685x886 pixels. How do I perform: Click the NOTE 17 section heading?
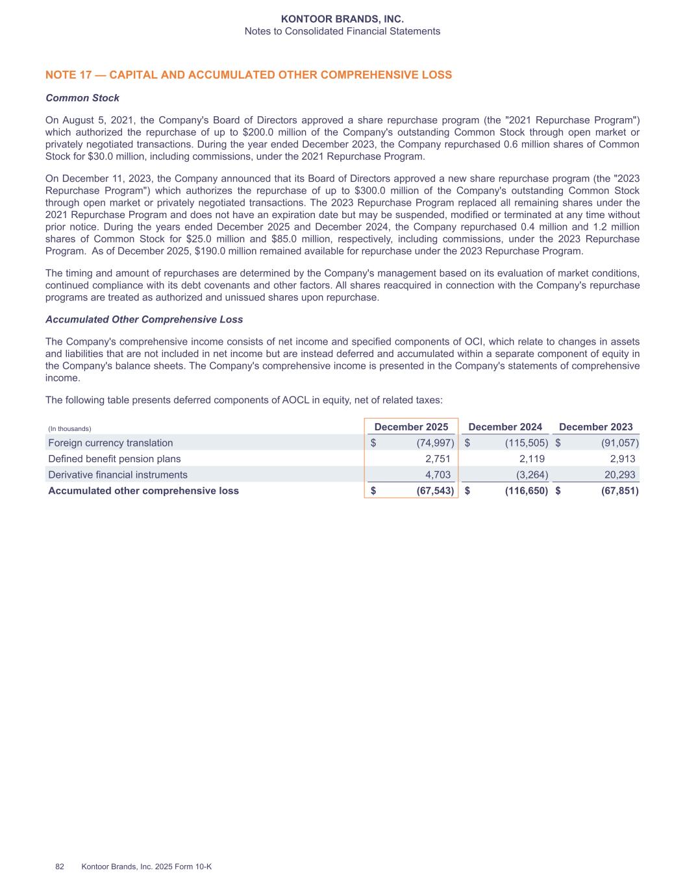249,75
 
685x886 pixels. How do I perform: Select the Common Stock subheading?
82,98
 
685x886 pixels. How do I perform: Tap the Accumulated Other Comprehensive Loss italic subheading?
144,319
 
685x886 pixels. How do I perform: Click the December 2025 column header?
411,426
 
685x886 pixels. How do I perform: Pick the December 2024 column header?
505,426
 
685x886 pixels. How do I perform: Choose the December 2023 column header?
595,426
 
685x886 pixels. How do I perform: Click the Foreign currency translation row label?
110,443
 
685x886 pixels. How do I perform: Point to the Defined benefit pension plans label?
114,459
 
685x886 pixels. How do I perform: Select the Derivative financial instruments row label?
118,474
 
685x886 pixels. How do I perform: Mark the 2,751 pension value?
437,459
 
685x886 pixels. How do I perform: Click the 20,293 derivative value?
619,474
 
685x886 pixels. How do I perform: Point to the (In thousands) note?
69,428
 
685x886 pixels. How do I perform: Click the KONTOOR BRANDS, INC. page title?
342,19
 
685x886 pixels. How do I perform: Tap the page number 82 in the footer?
60,867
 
